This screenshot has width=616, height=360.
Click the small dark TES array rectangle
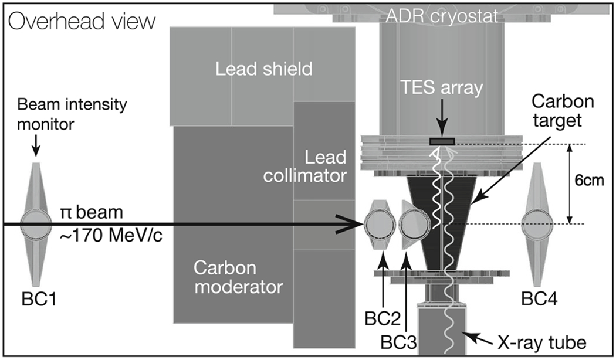tap(442, 141)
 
